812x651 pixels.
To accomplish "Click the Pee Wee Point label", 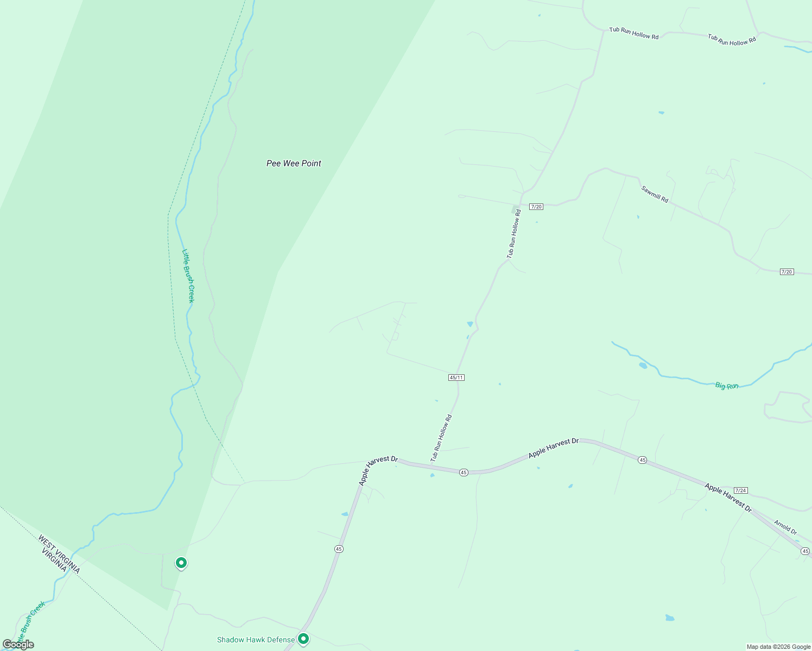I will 294,163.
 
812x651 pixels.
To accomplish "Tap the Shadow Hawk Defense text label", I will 256,640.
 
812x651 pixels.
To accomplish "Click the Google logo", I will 18,644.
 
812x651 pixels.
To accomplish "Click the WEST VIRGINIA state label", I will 59,554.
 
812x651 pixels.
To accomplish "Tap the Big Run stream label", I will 727,386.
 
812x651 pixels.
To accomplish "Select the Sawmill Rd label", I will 655,194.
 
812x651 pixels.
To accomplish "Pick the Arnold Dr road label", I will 785,527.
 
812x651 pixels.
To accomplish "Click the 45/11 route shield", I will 456,378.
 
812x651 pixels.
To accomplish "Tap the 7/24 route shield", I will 741,490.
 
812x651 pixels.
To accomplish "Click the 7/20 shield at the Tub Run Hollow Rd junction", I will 536,207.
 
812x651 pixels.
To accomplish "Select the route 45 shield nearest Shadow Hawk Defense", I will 339,549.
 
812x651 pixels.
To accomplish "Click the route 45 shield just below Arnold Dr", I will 805,551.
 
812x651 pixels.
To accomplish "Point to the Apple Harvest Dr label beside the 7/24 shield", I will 728,498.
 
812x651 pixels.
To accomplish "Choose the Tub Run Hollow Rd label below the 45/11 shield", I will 441,438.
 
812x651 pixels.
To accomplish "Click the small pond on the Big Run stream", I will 643,366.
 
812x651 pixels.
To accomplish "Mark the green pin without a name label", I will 181,563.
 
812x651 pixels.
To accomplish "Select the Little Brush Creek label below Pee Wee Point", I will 188,276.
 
